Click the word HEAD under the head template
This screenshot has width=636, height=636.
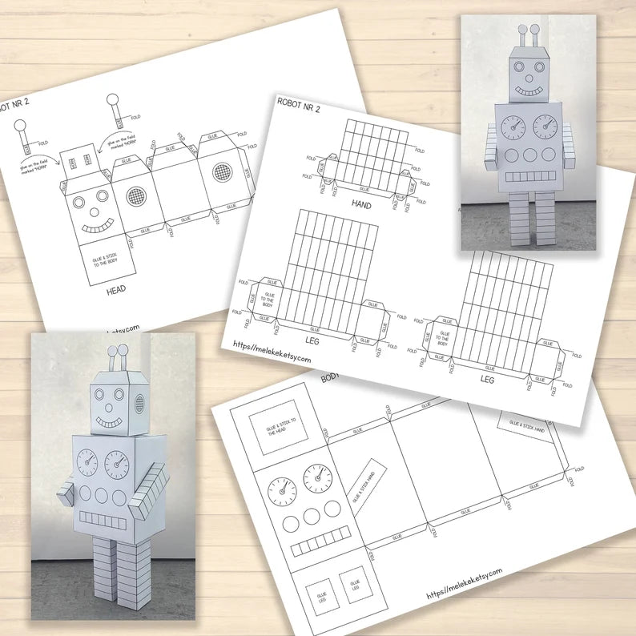tap(117, 292)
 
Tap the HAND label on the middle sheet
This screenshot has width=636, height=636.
tap(362, 204)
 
